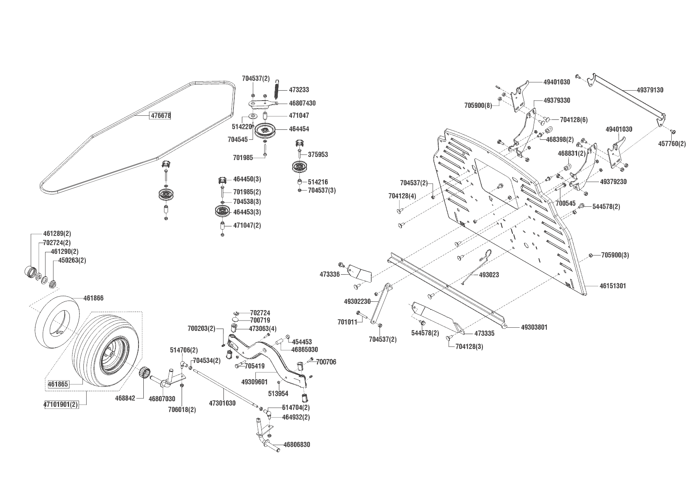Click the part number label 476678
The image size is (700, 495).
[x=160, y=116]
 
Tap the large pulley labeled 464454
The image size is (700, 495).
[x=266, y=130]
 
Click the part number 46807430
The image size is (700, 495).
[x=302, y=103]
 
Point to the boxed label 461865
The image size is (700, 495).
[x=58, y=384]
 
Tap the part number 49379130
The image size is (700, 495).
[x=650, y=90]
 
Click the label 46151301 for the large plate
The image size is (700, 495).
[x=613, y=286]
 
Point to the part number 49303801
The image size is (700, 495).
[x=534, y=327]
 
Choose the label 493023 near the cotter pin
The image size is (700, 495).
[x=489, y=275]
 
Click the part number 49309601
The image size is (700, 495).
[x=255, y=382]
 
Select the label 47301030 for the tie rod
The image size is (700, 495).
[x=222, y=403]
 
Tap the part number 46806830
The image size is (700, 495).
[x=297, y=445]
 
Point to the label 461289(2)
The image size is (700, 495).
[x=57, y=234]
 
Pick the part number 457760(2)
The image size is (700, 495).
[x=672, y=144]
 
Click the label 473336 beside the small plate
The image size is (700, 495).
[x=329, y=275]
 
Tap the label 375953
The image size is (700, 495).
[x=318, y=154]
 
